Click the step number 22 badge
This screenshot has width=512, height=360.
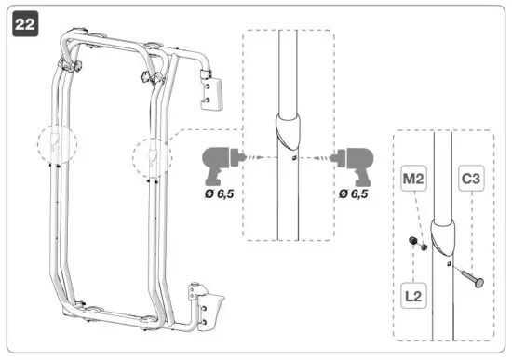(x=25, y=26)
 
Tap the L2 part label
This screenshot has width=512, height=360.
(x=414, y=297)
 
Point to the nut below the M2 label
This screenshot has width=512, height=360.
(x=416, y=244)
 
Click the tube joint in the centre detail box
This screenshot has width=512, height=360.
(x=288, y=130)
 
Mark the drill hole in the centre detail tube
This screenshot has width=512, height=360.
(x=291, y=158)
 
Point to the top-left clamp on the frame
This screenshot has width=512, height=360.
(x=69, y=66)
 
